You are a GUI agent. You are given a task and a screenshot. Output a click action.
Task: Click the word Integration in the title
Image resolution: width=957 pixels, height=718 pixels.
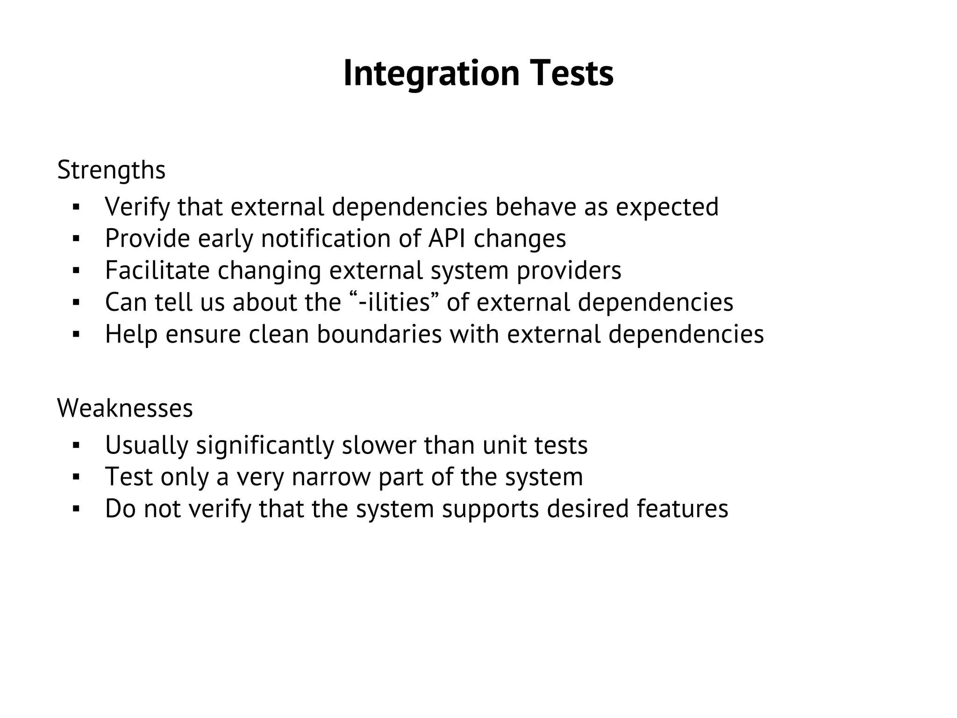[431, 73]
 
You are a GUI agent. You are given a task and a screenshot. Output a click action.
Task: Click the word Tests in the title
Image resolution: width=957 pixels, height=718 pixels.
[571, 73]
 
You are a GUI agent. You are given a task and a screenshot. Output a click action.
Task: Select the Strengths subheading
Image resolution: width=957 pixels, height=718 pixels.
[111, 170]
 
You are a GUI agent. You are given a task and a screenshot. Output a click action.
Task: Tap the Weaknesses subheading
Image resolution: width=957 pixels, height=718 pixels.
[125, 408]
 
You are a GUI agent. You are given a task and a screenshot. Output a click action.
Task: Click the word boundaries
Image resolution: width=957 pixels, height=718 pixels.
[379, 334]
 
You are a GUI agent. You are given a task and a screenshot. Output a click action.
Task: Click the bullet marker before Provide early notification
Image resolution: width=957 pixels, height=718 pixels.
[77, 239]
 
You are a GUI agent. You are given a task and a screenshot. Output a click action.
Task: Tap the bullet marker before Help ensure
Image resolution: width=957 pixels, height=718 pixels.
[77, 335]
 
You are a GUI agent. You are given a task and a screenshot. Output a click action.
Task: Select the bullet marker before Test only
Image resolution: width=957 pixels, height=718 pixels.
[77, 477]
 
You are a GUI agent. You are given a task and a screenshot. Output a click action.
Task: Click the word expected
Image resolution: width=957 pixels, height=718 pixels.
[667, 207]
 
